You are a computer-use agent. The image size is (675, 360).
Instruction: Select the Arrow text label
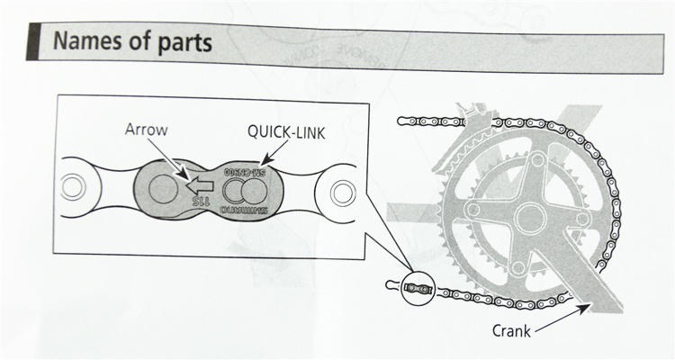click(145, 129)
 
